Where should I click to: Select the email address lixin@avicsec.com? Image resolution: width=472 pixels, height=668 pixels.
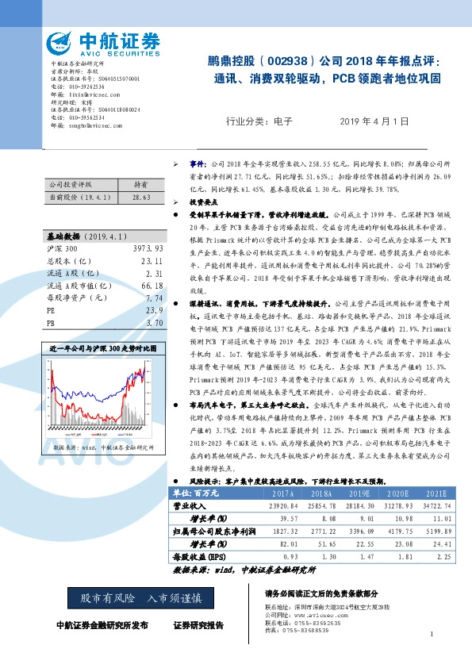click(96, 94)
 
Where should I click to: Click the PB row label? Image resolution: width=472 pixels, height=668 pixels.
click(51, 323)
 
